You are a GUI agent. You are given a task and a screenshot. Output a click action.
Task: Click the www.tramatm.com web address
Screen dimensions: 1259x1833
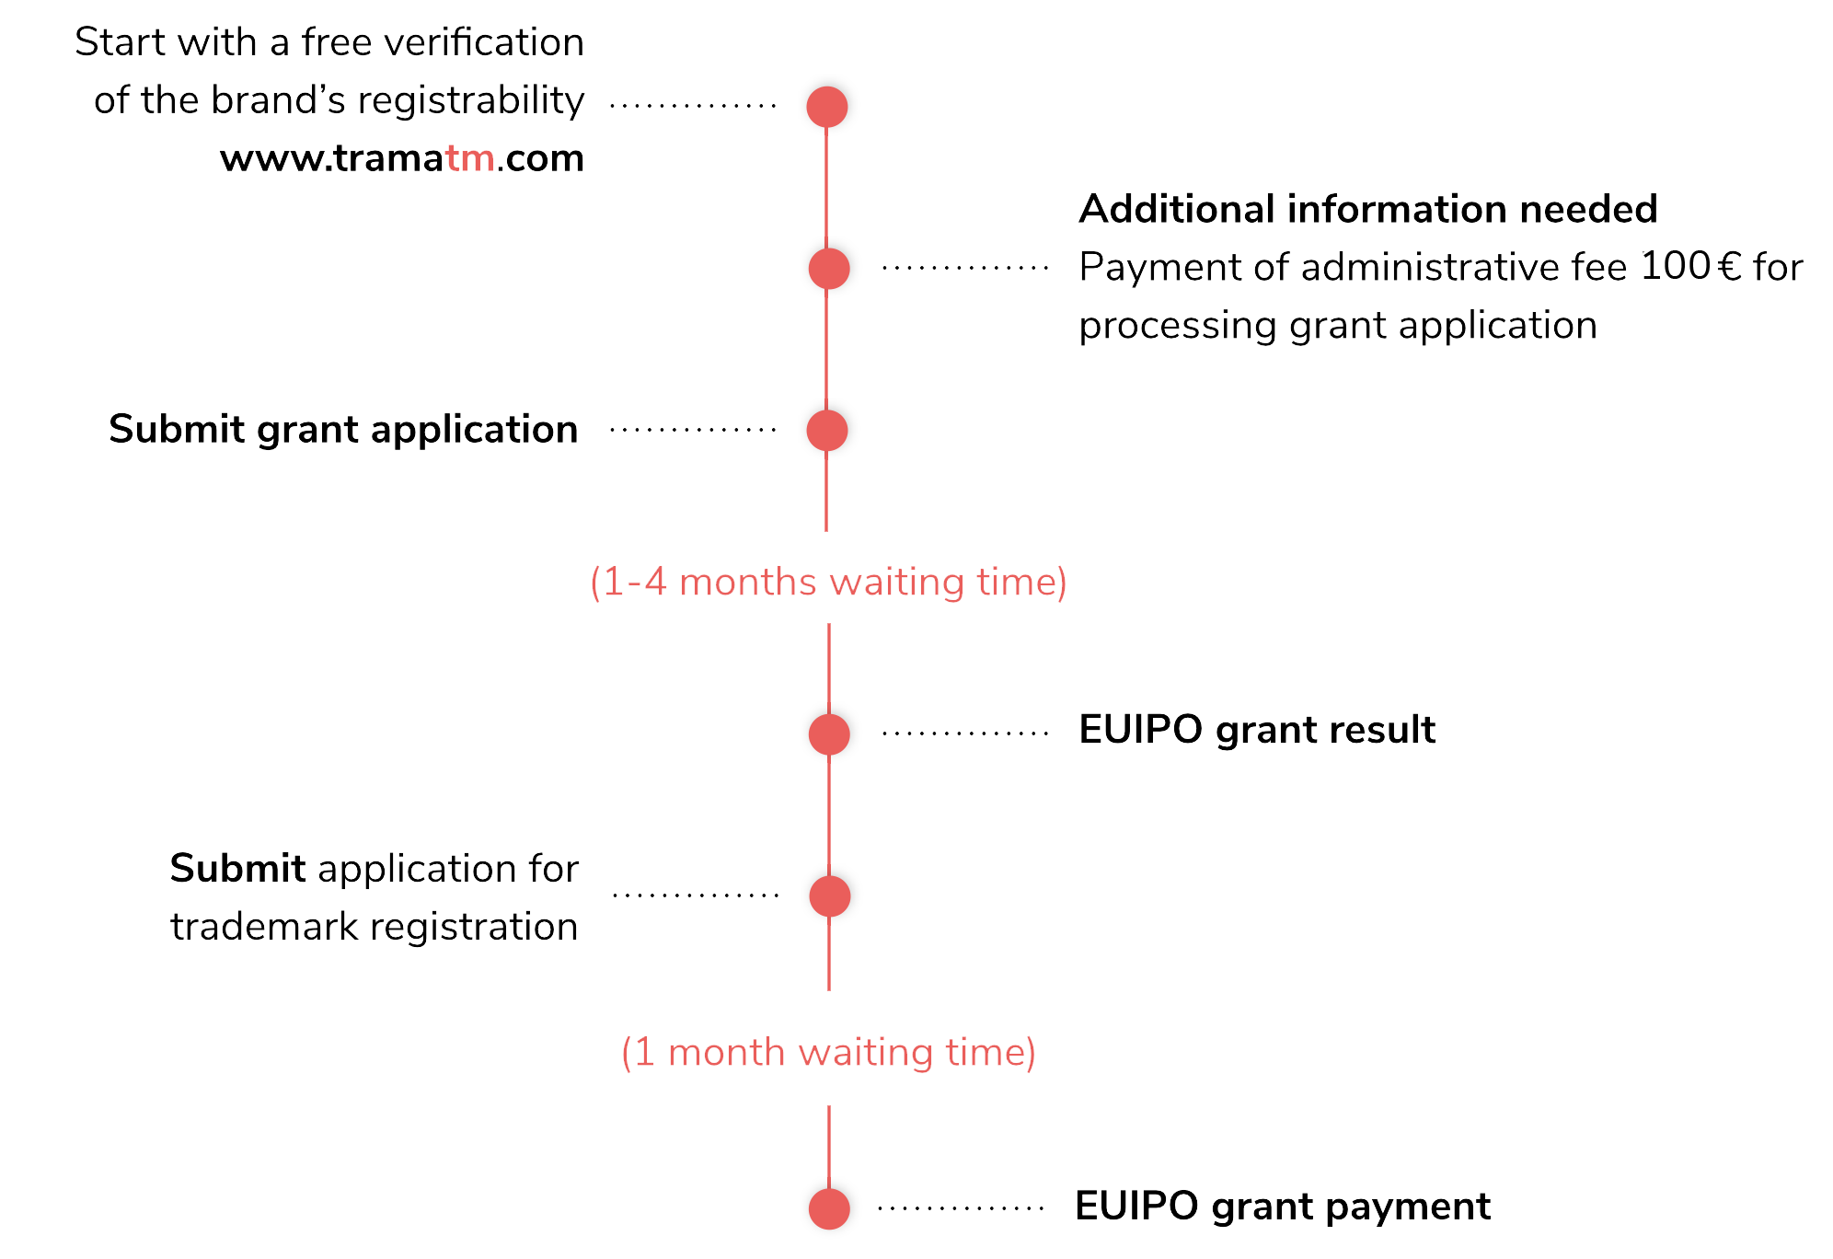pyautogui.click(x=402, y=158)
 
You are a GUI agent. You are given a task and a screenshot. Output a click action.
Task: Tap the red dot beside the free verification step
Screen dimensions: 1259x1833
pyautogui.click(x=826, y=107)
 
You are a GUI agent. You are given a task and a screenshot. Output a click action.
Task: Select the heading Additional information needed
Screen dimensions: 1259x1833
pyautogui.click(x=1367, y=210)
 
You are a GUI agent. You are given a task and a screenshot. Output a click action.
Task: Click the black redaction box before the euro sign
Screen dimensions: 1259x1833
pyautogui.click(x=1676, y=265)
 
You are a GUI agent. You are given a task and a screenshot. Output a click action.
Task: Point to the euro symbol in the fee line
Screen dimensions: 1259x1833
pyautogui.click(x=1729, y=268)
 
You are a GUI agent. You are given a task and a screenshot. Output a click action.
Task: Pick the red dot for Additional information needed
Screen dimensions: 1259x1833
pyautogui.click(x=828, y=269)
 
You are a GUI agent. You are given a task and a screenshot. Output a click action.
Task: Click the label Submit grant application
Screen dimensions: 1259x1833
pyautogui.click(x=343, y=430)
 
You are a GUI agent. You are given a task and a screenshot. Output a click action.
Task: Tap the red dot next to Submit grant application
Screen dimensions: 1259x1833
pyautogui.click(x=826, y=430)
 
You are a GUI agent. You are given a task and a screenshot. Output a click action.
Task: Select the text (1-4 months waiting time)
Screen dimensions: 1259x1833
pyautogui.click(x=828, y=583)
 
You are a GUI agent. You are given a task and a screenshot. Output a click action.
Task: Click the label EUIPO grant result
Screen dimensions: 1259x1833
pyautogui.click(x=1256, y=730)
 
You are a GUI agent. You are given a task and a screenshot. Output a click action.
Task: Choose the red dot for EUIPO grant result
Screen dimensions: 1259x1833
pyautogui.click(x=828, y=734)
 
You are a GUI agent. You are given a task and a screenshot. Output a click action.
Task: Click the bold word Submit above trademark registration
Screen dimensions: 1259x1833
pyautogui.click(x=237, y=869)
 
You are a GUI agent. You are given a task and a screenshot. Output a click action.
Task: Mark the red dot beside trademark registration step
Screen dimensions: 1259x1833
pyautogui.click(x=829, y=896)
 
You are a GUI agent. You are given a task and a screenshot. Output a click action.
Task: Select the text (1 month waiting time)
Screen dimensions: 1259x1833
pyautogui.click(x=828, y=1052)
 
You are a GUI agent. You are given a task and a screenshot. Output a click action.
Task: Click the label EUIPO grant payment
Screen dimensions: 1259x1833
pyautogui.click(x=1282, y=1207)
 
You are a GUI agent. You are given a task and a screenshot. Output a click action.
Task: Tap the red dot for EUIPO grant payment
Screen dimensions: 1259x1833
pyautogui.click(x=828, y=1208)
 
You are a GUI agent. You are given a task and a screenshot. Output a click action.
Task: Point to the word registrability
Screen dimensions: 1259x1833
pyautogui.click(x=470, y=100)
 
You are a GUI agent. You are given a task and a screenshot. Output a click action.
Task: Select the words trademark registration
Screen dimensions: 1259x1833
pyautogui.click(x=374, y=927)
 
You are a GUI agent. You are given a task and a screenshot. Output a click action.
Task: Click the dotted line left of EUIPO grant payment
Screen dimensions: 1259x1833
pyautogui.click(x=961, y=1208)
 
